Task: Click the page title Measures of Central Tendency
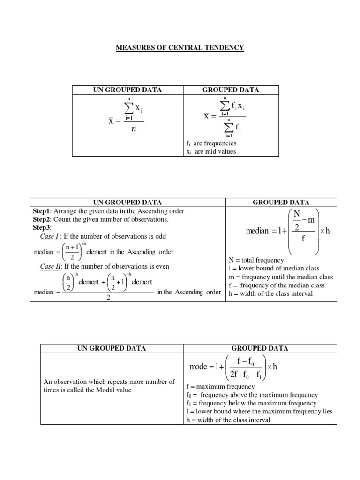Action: tap(180, 48)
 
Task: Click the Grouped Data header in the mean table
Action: tap(230, 90)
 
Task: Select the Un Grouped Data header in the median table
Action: tap(127, 202)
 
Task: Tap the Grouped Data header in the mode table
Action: tap(260, 348)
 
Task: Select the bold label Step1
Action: tap(41, 211)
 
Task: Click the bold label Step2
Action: tap(41, 219)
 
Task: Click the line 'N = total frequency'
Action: tap(255, 260)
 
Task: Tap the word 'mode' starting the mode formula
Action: tap(198, 367)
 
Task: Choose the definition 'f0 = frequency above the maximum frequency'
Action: tap(252, 395)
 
